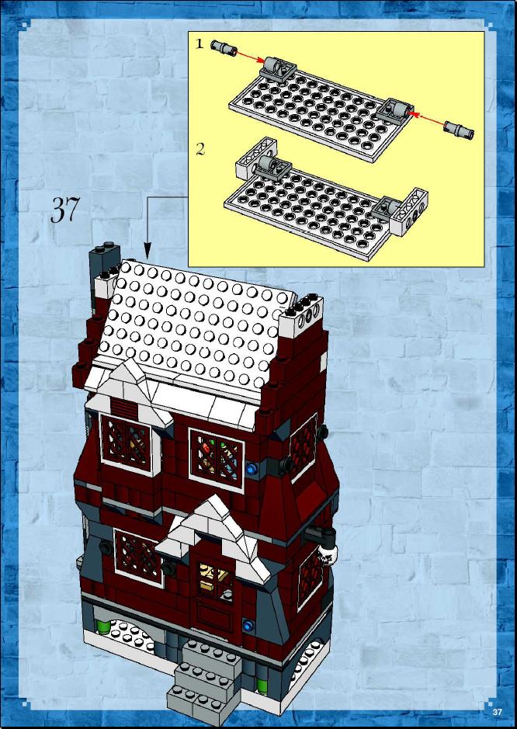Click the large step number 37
tap(64, 209)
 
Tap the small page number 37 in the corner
tap(498, 712)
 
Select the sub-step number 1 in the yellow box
tap(199, 43)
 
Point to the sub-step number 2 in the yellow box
tap(200, 149)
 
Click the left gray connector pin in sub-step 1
tap(224, 47)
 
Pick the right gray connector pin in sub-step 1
tap(459, 130)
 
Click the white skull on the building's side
tap(327, 554)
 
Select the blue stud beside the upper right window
tap(252, 469)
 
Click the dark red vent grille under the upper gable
tap(124, 408)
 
